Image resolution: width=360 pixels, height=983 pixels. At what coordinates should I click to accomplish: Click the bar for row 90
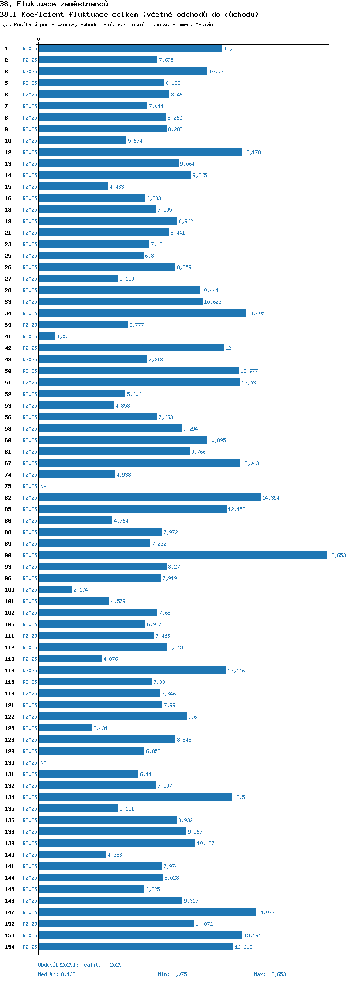(x=182, y=555)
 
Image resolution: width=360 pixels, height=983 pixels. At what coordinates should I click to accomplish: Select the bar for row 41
(x=47, y=336)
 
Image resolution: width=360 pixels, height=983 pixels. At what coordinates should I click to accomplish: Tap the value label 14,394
(x=271, y=498)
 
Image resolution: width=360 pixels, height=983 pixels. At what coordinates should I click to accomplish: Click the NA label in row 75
(x=43, y=486)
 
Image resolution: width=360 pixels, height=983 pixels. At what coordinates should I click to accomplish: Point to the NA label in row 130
(x=43, y=763)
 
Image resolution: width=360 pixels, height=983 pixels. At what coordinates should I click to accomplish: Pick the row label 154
(x=10, y=947)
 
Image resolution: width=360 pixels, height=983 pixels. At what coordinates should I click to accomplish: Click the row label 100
(x=10, y=590)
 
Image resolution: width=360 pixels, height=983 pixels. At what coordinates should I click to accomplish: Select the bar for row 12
(x=140, y=152)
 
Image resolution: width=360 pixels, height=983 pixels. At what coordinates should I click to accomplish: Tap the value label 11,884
(x=232, y=48)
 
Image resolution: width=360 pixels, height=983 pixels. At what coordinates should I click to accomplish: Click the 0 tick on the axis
(x=39, y=39)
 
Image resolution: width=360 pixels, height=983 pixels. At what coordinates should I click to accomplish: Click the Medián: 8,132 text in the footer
(x=57, y=974)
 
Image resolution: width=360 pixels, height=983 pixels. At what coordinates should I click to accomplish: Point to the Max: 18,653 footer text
(x=270, y=974)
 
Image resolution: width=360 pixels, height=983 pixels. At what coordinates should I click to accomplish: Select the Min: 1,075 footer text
(x=172, y=974)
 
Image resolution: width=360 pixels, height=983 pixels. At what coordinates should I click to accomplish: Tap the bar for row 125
(x=65, y=728)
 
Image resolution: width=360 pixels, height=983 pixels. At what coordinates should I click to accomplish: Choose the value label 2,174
(x=81, y=590)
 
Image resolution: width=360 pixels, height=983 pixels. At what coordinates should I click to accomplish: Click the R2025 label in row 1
(x=30, y=48)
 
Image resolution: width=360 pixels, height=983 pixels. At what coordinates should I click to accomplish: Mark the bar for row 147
(x=147, y=912)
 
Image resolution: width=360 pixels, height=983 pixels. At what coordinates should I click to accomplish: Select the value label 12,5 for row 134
(x=239, y=797)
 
